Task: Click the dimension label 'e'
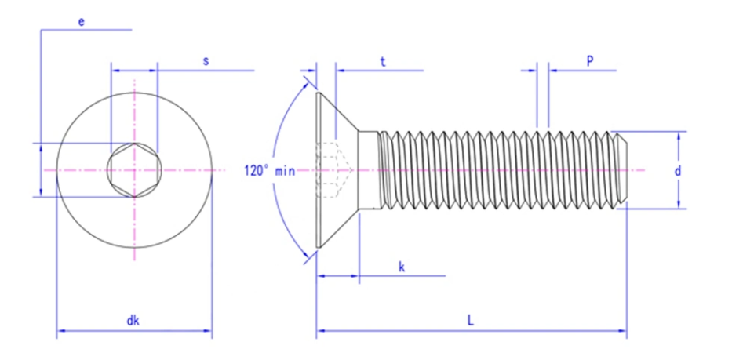(82, 22)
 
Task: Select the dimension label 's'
(206, 61)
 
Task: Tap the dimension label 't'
(382, 62)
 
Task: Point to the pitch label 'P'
(590, 60)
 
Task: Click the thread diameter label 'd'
(677, 171)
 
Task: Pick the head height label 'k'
(401, 267)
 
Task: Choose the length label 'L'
(471, 321)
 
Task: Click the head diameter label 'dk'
(133, 321)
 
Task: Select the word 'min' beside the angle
(286, 171)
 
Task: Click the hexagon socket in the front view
(134, 170)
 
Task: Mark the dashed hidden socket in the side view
(333, 170)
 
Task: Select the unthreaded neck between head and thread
(368, 169)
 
